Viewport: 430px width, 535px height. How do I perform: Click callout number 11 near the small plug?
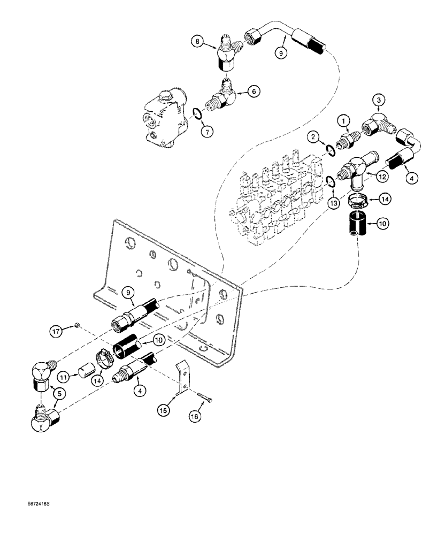[63, 378]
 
